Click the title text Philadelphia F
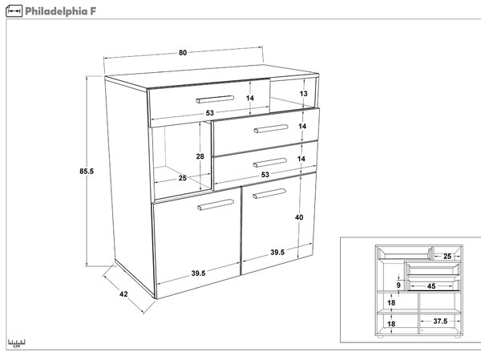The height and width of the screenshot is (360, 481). point(60,11)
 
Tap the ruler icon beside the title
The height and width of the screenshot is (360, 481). point(14,11)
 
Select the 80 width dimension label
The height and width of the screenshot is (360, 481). point(183,53)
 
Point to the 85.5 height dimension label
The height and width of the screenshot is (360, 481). point(87,172)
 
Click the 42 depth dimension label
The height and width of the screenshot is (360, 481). point(123,294)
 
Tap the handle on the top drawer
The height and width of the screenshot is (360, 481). point(215,99)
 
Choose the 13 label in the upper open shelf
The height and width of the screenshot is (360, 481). point(303,93)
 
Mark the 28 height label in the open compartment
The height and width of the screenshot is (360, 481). point(200,156)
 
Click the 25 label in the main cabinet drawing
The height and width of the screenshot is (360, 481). point(183,178)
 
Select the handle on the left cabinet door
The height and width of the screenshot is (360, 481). point(216,204)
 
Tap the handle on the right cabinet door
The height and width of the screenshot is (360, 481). point(269,194)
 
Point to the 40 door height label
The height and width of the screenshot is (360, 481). point(299,217)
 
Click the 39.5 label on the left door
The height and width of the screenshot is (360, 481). point(198,273)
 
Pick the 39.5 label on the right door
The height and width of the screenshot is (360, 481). point(277,253)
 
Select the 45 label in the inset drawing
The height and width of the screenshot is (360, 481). point(431,286)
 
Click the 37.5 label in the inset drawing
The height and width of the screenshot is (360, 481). point(440,321)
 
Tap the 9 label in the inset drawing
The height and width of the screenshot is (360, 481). point(398,285)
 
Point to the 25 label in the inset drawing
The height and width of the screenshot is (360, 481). point(447,256)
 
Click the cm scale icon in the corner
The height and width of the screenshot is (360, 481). point(17,343)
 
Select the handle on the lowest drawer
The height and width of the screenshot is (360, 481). point(270,162)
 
